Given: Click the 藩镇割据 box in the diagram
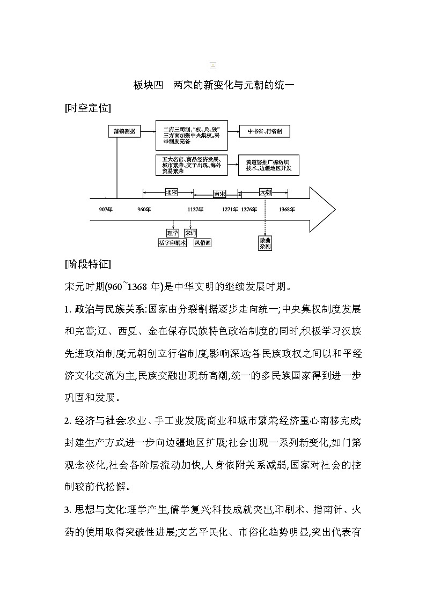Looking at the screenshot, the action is pos(124,131).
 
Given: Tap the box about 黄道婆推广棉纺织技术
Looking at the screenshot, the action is pos(268,165).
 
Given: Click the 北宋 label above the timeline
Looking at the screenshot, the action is pos(171,191).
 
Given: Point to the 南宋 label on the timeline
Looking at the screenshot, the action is pos(219,194).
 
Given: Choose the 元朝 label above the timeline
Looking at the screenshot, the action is pos(265,191).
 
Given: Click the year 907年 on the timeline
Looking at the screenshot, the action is pos(106,209).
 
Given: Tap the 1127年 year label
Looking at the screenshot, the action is pos(195,209).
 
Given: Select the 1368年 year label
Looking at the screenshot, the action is pos(287,209).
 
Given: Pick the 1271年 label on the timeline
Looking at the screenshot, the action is pos(230,209).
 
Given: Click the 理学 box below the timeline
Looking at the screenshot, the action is pos(172,233).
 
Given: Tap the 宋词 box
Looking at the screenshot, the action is pos(190,233).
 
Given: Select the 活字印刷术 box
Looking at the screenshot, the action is pos(172,243).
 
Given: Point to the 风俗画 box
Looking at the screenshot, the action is pos(203,243).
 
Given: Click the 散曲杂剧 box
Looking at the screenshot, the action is pos(265,243).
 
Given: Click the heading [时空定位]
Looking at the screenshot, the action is pos(87,108).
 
